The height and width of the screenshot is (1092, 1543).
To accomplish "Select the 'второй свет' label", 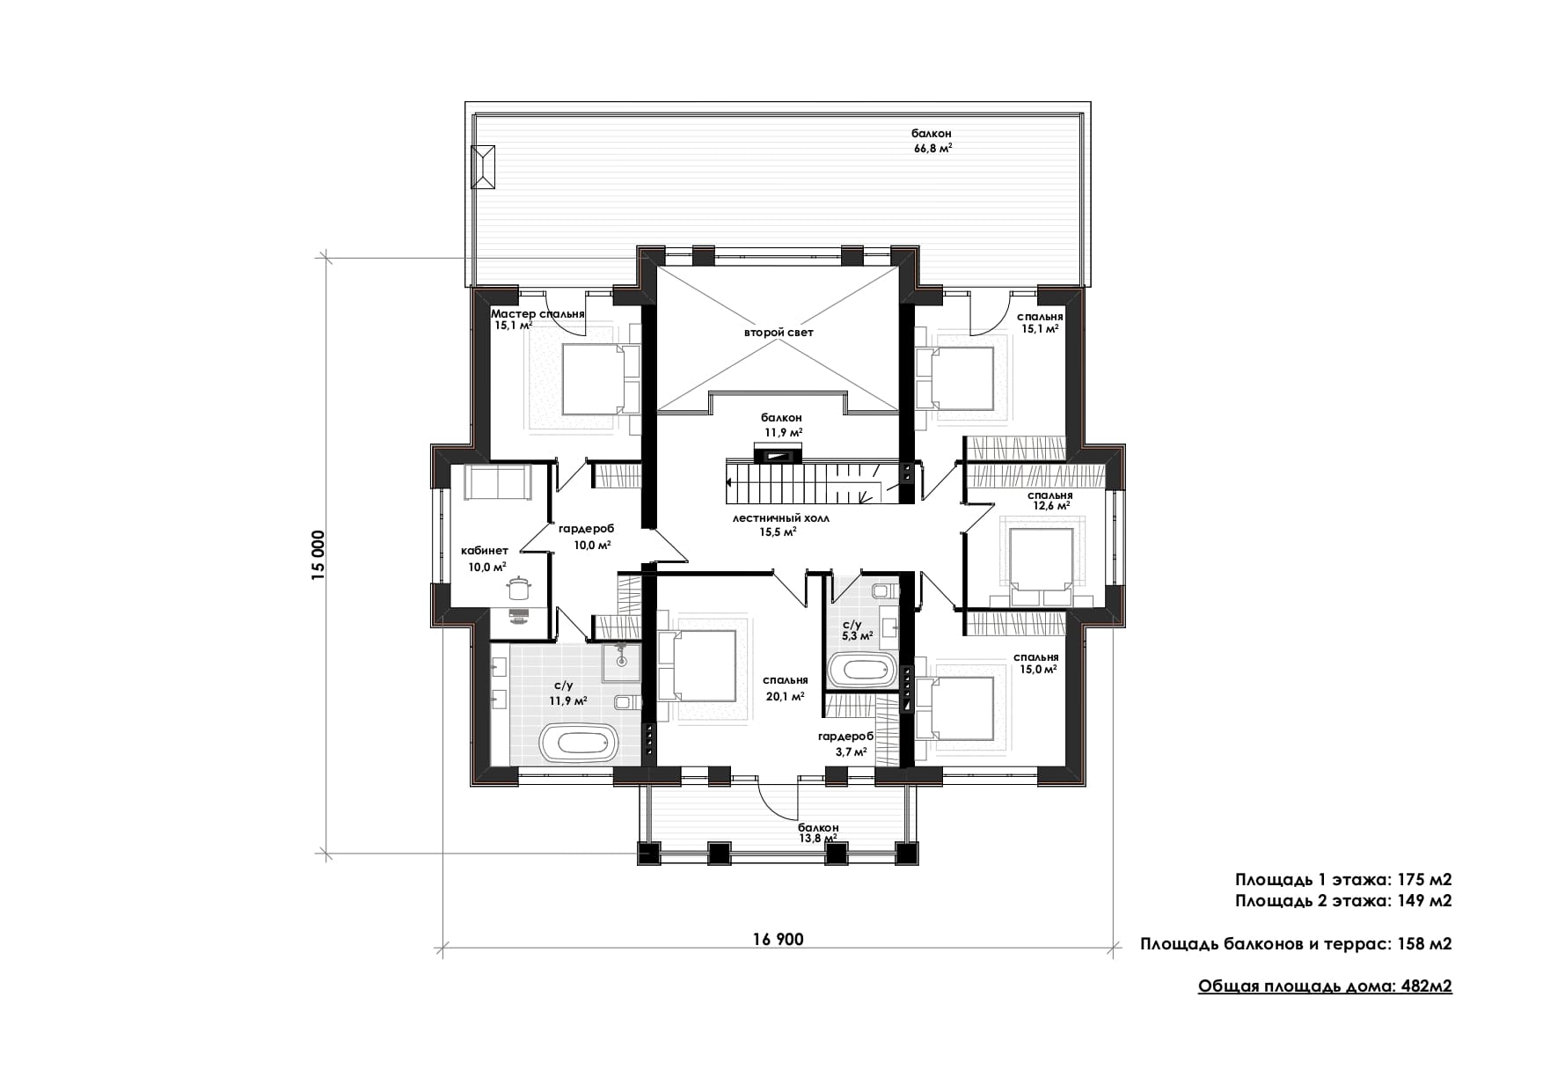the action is point(779,333).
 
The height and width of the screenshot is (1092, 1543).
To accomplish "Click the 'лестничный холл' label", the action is point(780,518).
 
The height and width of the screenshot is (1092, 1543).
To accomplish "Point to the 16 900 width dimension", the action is point(778,939).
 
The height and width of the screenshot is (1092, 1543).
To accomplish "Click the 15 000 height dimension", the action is point(318,553).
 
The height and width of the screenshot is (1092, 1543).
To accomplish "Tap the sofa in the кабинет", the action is point(499,482).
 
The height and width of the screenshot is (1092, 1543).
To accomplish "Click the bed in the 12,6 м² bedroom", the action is point(1041,564).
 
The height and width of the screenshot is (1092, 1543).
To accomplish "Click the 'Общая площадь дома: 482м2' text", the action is point(1325,986).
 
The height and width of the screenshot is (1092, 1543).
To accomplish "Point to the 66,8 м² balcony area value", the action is point(932,149).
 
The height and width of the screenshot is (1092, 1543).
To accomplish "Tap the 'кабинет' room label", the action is point(485,551).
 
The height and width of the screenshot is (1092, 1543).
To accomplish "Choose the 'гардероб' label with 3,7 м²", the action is point(845,737).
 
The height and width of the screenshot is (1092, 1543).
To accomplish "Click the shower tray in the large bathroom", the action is point(622,662).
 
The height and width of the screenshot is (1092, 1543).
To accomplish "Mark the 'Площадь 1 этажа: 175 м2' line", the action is point(1343,879).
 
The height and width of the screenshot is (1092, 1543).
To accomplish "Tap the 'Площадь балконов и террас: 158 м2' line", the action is point(1296,944).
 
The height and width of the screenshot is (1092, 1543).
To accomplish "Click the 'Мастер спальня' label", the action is point(537,314).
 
